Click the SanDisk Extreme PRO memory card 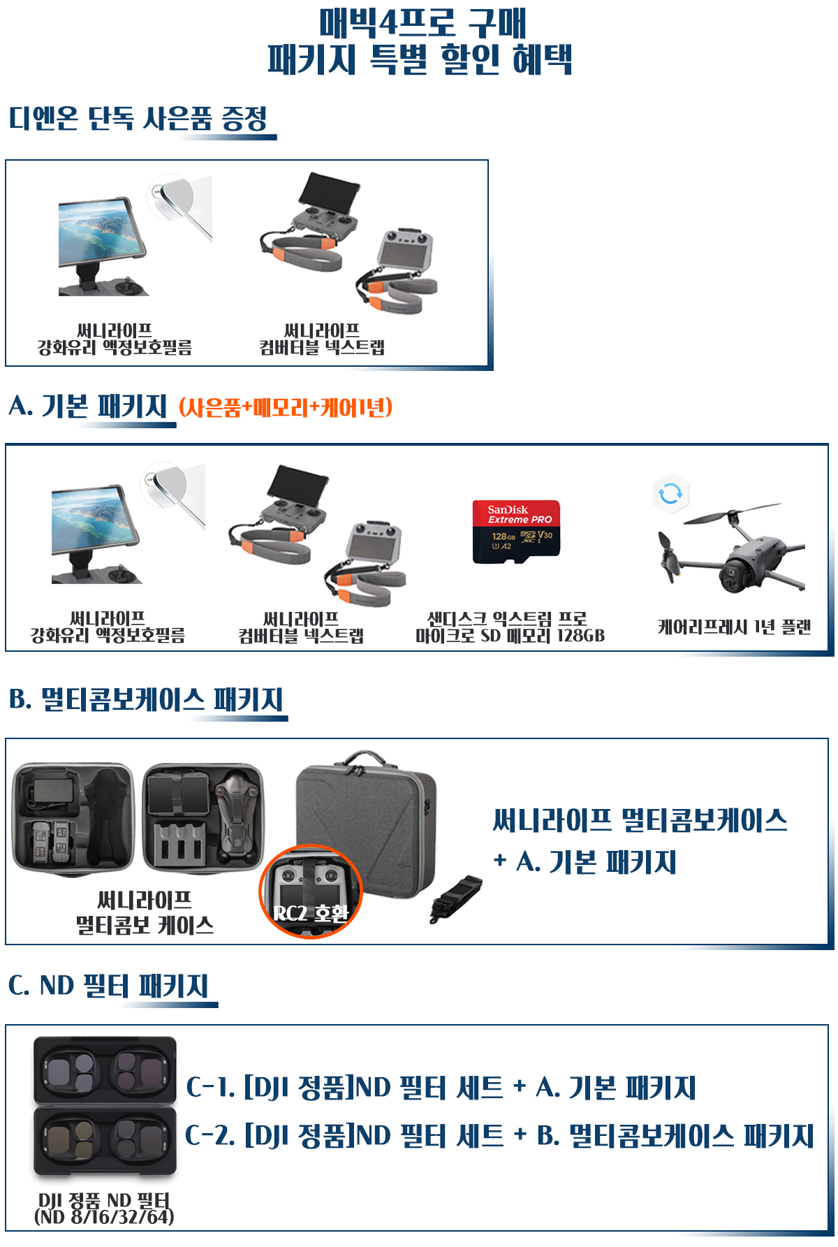pyautogui.click(x=516, y=532)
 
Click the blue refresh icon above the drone pyautogui.click(x=670, y=494)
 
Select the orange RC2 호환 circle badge pyautogui.click(x=311, y=892)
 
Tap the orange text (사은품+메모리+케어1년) pyautogui.click(x=286, y=407)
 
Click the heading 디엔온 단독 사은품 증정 pyautogui.click(x=138, y=119)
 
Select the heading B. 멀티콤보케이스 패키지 pyautogui.click(x=146, y=699)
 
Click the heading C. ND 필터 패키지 pyautogui.click(x=109, y=986)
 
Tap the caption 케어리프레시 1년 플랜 pyautogui.click(x=734, y=627)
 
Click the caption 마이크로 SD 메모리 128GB pyautogui.click(x=510, y=636)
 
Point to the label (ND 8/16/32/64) pyautogui.click(x=104, y=1217)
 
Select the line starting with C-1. pyautogui.click(x=441, y=1088)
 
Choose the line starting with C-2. pyautogui.click(x=499, y=1136)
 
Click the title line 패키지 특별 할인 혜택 pyautogui.click(x=420, y=59)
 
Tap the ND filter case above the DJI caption pyautogui.click(x=105, y=1107)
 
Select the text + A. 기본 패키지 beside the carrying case pyautogui.click(x=585, y=862)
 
